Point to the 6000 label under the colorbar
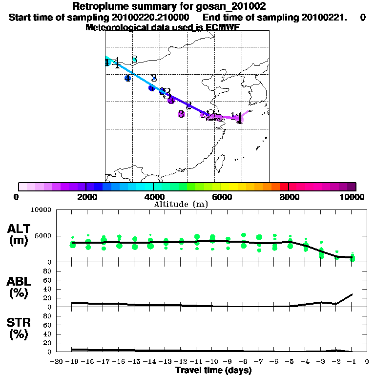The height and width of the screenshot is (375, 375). click(x=221, y=197)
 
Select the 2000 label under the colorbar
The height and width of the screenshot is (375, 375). click(x=85, y=197)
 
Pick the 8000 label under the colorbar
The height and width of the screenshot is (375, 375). click(x=289, y=197)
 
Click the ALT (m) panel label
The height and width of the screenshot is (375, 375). click(x=20, y=234)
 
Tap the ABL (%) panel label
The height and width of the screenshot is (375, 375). click(x=20, y=288)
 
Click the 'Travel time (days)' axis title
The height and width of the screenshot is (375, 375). click(x=213, y=371)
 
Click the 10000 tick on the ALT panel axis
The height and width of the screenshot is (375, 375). click(x=42, y=210)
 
